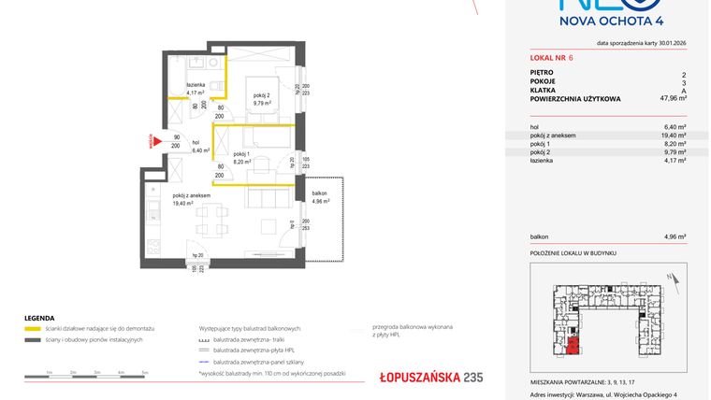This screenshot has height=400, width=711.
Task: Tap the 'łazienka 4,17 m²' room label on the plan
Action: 196,89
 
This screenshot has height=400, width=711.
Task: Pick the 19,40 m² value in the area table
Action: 674,136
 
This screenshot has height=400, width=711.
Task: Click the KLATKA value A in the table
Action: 684,89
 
